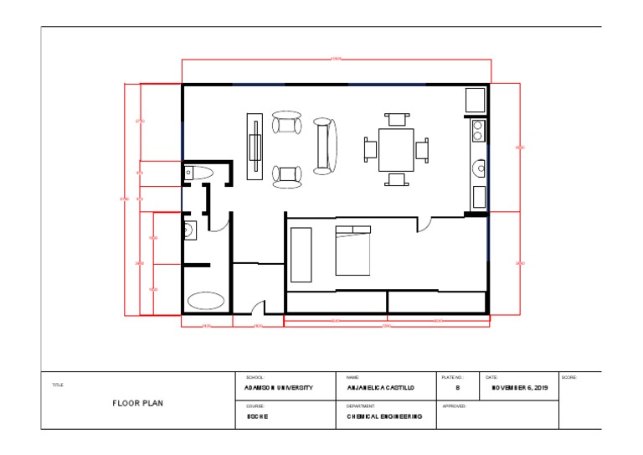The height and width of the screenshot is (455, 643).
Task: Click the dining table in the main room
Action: pyautogui.click(x=396, y=149)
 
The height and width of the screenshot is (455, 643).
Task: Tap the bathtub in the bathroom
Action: pyautogui.click(x=206, y=300)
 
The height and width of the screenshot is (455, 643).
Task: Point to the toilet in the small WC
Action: pyautogui.click(x=199, y=173)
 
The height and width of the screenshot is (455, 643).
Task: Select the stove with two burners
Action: pyautogui.click(x=478, y=131)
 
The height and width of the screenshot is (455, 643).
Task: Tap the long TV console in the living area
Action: pyautogui.click(x=255, y=147)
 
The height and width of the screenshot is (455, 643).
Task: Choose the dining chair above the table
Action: pyautogui.click(x=396, y=119)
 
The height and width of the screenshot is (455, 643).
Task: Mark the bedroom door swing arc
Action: pyautogui.click(x=426, y=225)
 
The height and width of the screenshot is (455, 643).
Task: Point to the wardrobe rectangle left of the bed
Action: pyautogui.click(x=301, y=254)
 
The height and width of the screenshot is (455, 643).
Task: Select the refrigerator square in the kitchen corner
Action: pyautogui.click(x=476, y=100)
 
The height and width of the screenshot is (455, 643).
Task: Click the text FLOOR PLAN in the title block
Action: pyautogui.click(x=138, y=403)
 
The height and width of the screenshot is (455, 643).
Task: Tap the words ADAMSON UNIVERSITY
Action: pyautogui.click(x=279, y=389)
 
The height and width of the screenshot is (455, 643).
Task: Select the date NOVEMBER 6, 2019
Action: pyautogui.click(x=519, y=389)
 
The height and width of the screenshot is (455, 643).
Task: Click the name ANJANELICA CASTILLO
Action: pyautogui.click(x=380, y=389)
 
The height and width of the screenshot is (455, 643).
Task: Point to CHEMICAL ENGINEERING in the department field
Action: pyautogui.click(x=384, y=416)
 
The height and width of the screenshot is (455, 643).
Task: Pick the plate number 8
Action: pyautogui.click(x=457, y=389)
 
